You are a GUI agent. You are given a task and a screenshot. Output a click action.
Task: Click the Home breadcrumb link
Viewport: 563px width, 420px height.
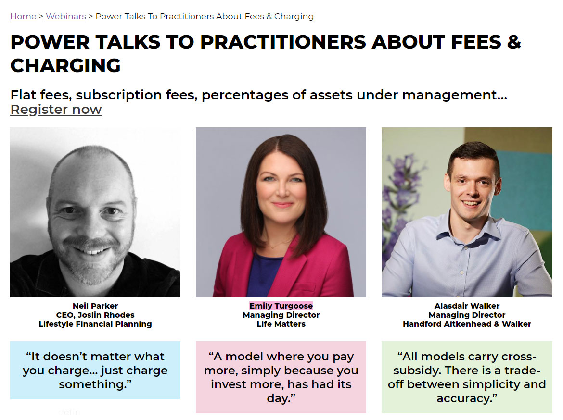click(23, 16)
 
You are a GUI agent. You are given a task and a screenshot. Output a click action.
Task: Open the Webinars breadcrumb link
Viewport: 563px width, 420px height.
click(66, 16)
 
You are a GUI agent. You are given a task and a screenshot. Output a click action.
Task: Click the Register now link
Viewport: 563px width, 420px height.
click(56, 110)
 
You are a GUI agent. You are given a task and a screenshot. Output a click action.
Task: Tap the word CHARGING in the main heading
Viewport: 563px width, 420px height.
click(65, 65)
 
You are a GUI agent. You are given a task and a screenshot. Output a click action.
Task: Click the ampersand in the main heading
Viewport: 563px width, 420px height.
click(513, 42)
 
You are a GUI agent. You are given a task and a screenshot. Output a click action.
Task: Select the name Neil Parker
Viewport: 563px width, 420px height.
click(95, 306)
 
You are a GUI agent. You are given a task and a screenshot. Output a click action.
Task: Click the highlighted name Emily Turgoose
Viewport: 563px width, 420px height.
click(281, 306)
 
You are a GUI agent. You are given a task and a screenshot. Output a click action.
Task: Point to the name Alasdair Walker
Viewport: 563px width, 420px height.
click(467, 306)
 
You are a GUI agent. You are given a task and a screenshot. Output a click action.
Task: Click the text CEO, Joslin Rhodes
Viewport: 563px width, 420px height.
click(95, 315)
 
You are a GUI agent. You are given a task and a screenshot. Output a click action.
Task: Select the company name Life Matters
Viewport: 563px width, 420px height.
click(281, 324)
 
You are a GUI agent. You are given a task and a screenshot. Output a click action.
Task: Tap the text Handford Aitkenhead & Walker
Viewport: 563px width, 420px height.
click(467, 324)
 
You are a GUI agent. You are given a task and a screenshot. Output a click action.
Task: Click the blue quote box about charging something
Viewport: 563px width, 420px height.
click(95, 370)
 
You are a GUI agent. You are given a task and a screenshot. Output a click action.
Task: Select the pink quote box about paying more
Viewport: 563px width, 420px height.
click(281, 377)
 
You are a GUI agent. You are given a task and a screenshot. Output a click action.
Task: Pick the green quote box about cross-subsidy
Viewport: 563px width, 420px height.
click(467, 377)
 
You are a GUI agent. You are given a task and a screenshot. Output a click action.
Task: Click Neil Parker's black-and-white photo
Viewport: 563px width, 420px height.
click(95, 211)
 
